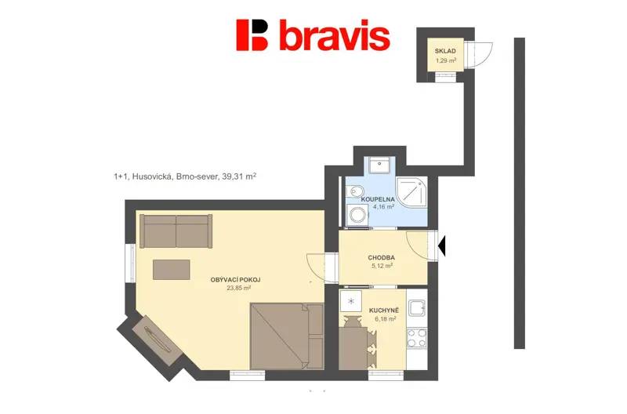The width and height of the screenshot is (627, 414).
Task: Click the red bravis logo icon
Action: pos(252,35)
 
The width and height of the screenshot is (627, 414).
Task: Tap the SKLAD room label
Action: pos(445,51)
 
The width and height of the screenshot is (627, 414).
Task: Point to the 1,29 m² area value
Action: pos(446,61)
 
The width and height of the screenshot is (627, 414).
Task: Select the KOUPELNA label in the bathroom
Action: pos(378,199)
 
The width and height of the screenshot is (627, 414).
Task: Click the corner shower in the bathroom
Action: pos(411,192)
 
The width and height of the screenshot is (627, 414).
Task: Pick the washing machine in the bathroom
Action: pos(357,216)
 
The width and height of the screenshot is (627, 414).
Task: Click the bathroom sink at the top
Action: pos(379,165)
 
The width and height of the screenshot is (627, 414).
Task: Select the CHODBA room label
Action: pos(381,258)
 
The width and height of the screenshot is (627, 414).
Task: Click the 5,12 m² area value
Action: pos(382,266)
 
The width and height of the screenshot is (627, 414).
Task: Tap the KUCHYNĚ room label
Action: pos(384,310)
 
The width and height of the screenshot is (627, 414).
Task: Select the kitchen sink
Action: pos(417,308)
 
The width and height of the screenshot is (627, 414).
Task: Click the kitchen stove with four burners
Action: pos(417,338)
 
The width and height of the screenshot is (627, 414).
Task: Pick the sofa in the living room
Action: pos(176,231)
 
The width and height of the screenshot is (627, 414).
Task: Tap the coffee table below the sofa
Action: pos(171,270)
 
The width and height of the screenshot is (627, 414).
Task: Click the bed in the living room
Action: pos(287,336)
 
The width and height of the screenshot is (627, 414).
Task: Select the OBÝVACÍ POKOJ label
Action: pos(238,280)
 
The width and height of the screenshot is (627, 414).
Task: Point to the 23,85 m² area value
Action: pos(239,288)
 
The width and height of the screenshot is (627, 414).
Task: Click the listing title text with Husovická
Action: pos(185,176)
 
